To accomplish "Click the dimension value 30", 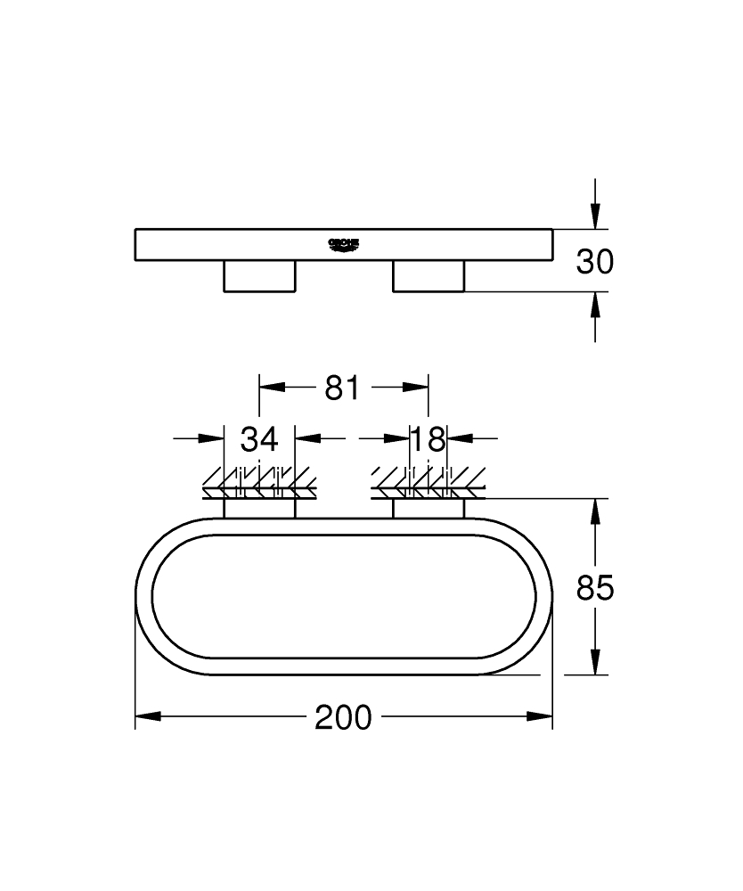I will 595,261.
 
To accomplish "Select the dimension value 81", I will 341,388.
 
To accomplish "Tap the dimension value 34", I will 259,438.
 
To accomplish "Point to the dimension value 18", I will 428,438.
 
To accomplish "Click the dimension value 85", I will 595,588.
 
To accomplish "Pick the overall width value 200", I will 343,717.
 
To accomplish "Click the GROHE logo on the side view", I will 343,242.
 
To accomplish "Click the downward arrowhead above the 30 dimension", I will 595,216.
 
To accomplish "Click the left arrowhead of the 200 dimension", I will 148,716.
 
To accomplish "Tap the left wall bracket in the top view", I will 259,508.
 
